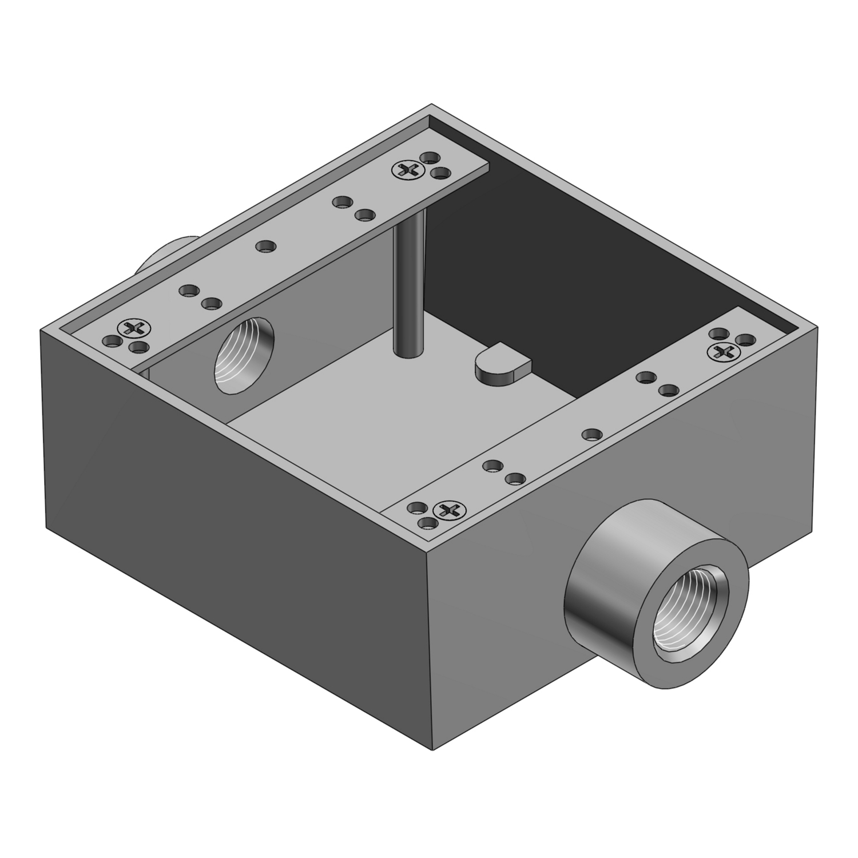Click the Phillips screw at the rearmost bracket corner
tap(408, 169)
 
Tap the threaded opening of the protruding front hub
tap(693, 606)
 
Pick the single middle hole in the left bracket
tap(265, 247)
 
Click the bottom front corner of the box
tap(430, 749)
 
